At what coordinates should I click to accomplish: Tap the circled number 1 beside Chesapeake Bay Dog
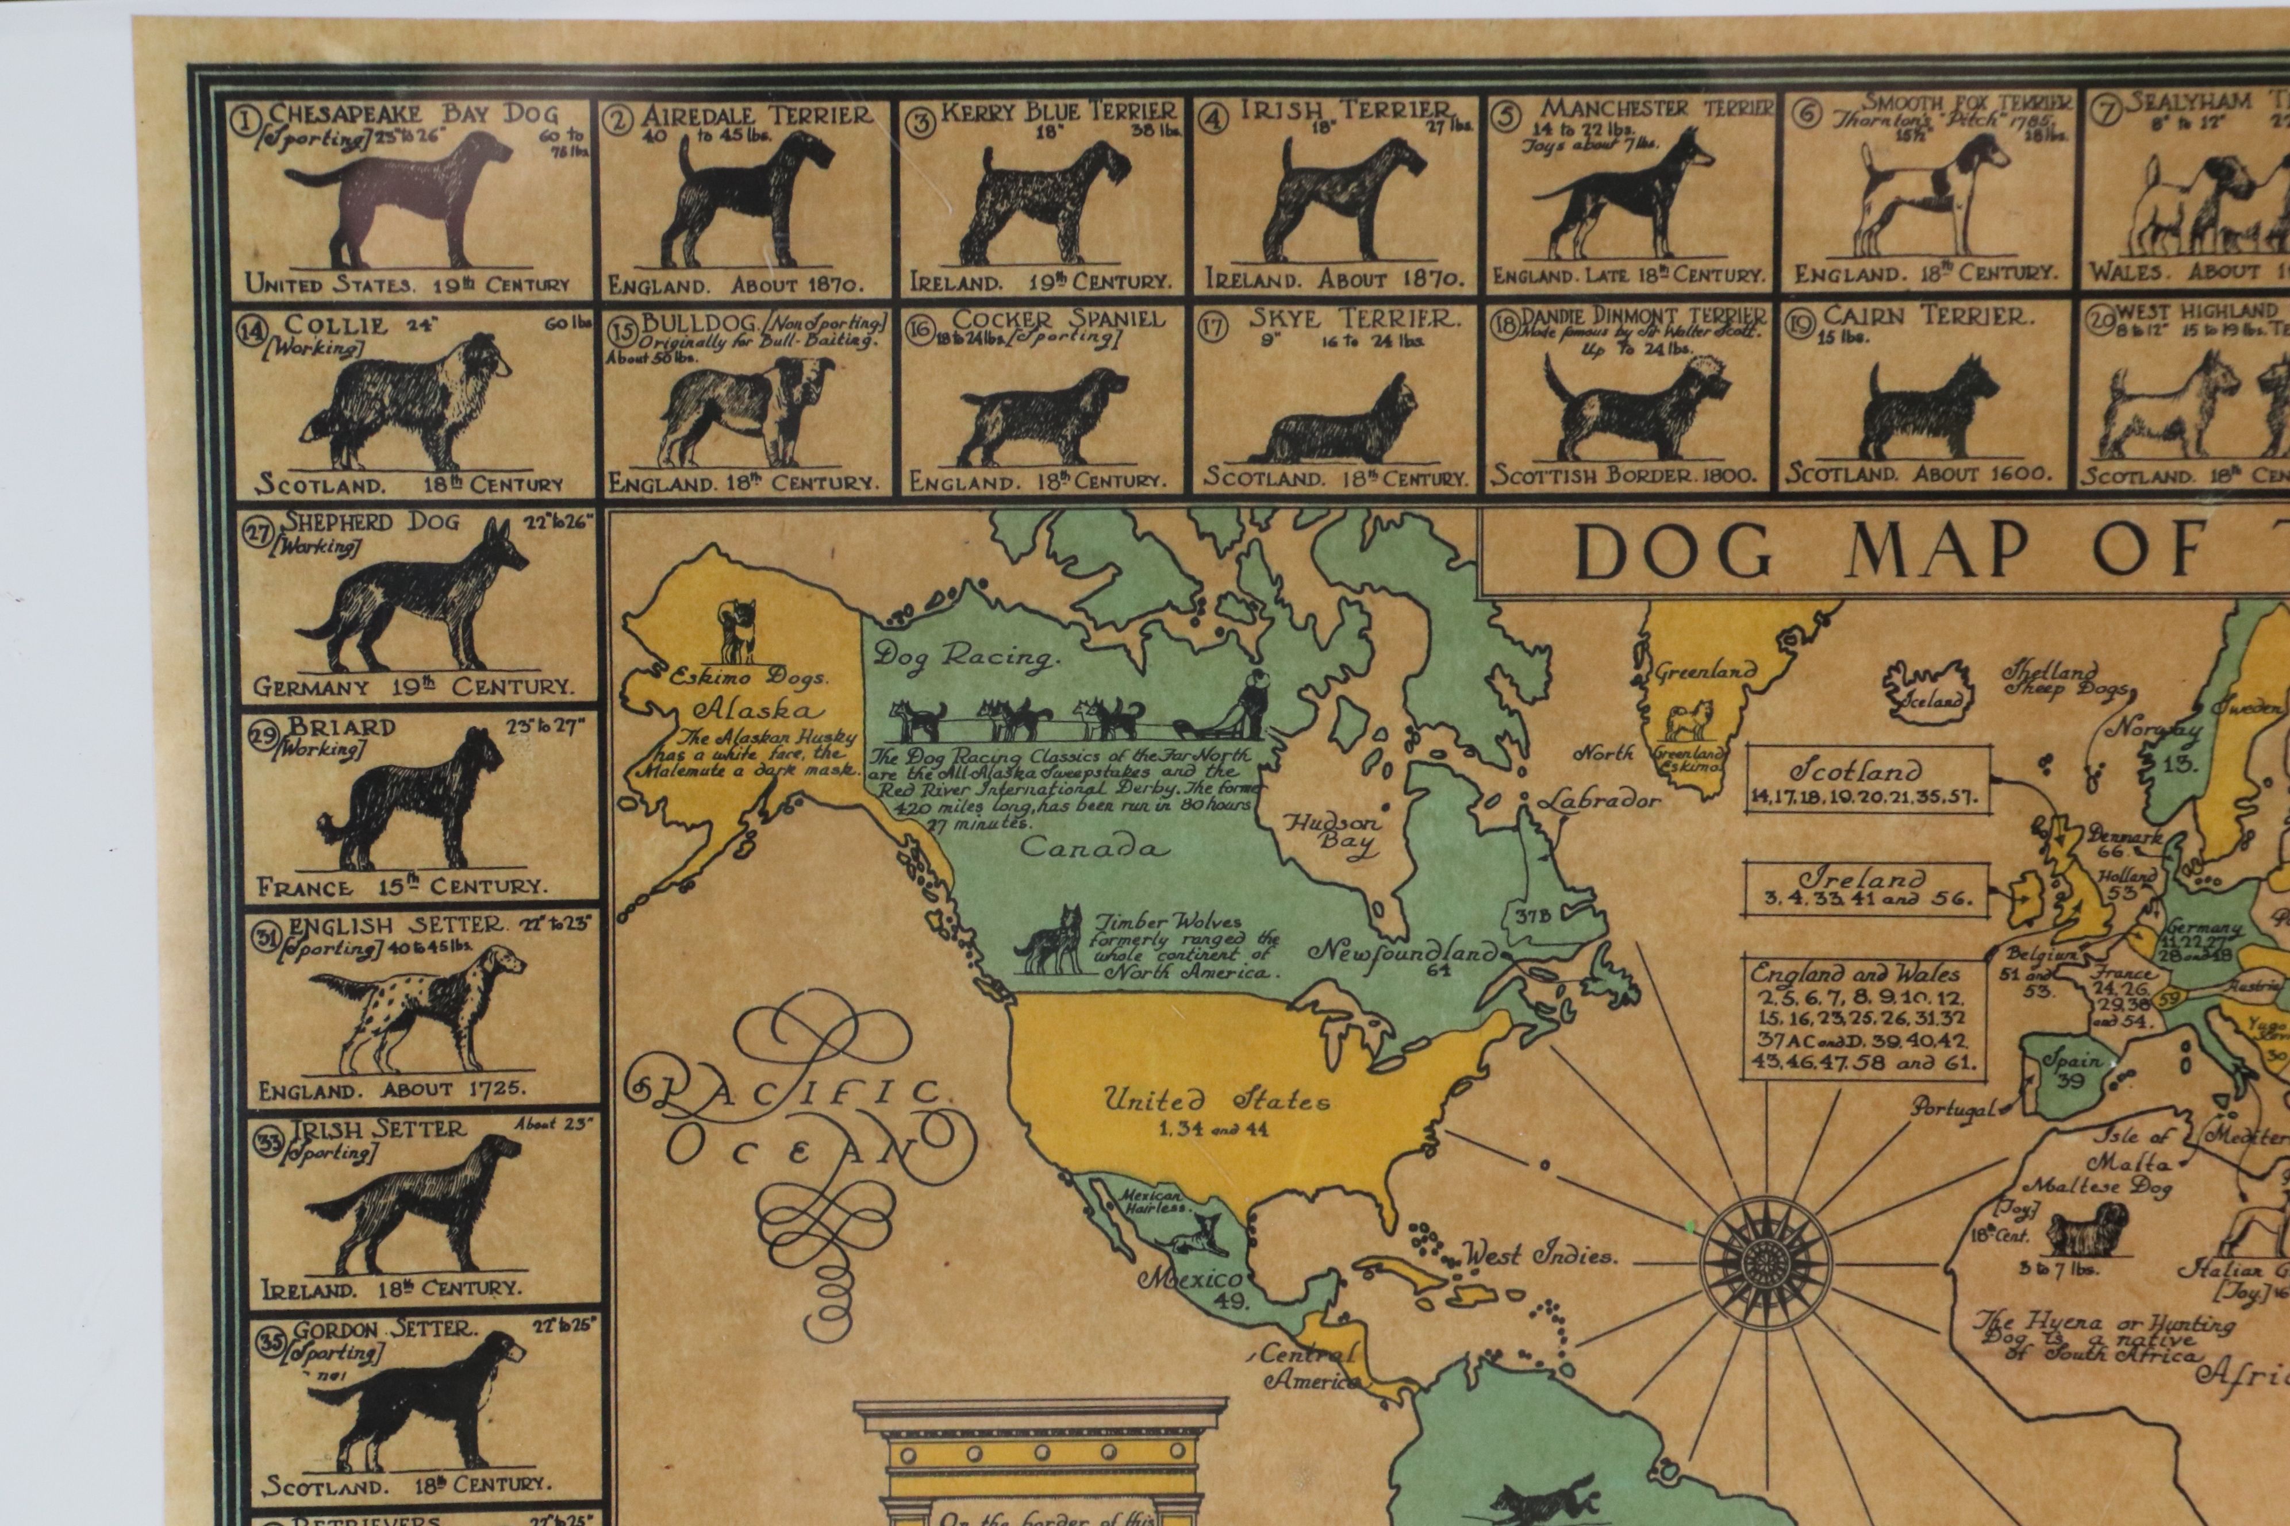[x=240, y=120]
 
